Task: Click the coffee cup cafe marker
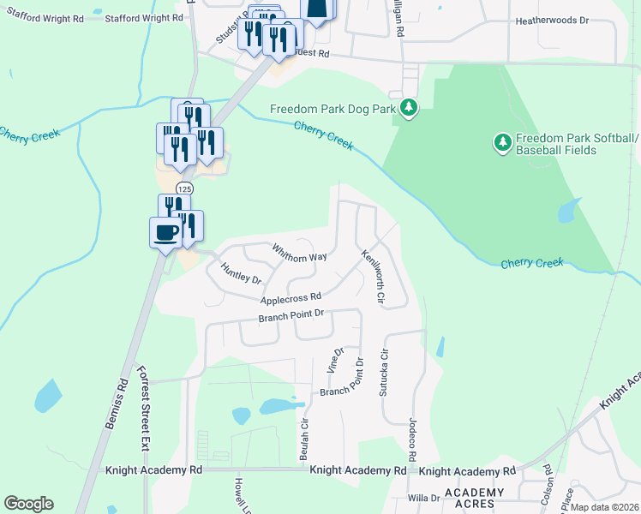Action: pyautogui.click(x=165, y=231)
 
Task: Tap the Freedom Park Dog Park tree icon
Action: pyautogui.click(x=410, y=108)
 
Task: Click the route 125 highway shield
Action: pyautogui.click(x=183, y=188)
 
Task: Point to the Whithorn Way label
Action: pyautogui.click(x=299, y=254)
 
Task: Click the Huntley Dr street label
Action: pyautogui.click(x=241, y=273)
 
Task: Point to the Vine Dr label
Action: pyautogui.click(x=335, y=360)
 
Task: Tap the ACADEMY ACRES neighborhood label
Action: pyautogui.click(x=474, y=497)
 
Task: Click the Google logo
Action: pyautogui.click(x=28, y=504)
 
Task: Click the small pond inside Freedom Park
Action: pyautogui.click(x=568, y=210)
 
